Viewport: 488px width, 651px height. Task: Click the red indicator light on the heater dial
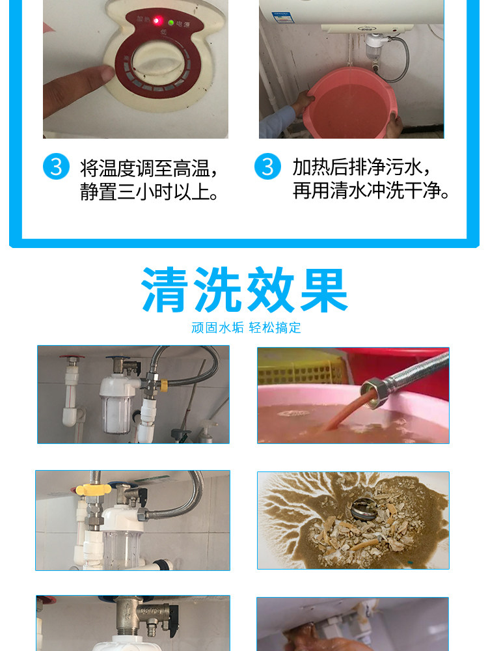coord(157,20)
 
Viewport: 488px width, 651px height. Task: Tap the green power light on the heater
coord(171,22)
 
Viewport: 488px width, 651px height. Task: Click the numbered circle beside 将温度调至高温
coord(56,167)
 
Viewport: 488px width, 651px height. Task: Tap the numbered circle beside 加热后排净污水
coord(267,167)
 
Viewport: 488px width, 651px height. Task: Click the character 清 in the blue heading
coord(164,290)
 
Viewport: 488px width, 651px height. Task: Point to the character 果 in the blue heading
coord(324,290)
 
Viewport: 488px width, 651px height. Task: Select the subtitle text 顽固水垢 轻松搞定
coord(246,327)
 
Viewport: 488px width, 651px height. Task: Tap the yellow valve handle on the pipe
coord(93,488)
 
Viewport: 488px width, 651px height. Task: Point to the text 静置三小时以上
coord(149,192)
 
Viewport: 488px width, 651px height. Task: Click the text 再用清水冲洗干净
coord(371,191)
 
